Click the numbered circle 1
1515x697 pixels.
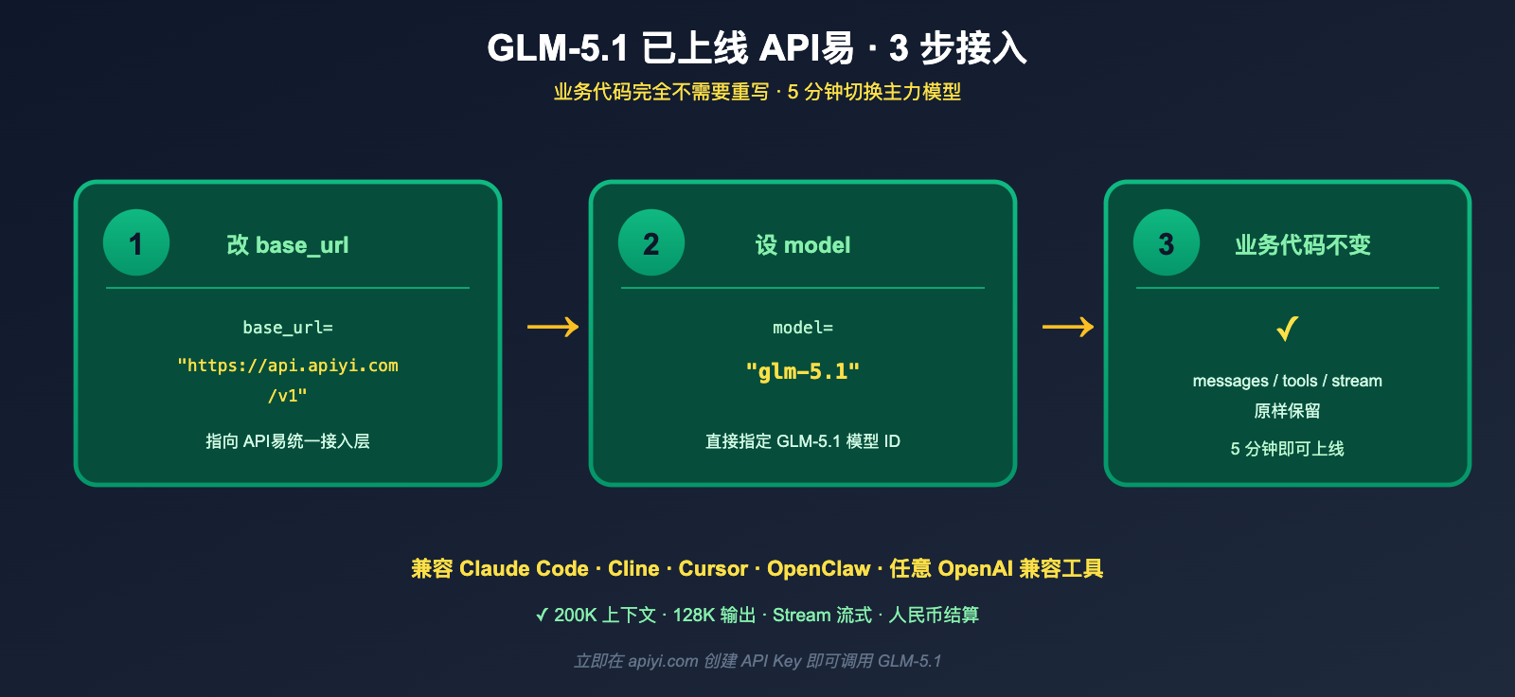[136, 242]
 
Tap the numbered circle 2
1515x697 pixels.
[651, 242]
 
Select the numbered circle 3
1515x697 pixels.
[1167, 242]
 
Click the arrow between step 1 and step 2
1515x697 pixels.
[553, 327]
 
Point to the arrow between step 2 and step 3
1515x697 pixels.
[1068, 327]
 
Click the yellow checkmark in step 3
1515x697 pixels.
[1287, 329]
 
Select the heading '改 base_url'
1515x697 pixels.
[288, 245]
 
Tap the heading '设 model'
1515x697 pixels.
[803, 245]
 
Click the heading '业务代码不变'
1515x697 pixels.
[1303, 245]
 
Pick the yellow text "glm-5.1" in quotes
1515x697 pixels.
[803, 371]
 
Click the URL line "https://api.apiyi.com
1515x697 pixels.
[288, 366]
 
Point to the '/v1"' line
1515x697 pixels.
[288, 396]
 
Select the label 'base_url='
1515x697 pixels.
[288, 328]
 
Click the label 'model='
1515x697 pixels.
[803, 328]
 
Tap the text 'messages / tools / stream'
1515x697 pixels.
[1287, 381]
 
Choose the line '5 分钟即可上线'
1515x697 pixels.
[1287, 449]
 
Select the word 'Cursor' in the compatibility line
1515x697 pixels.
[713, 569]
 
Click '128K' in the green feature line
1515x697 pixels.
[694, 616]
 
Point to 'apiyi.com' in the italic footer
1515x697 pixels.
[663, 661]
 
